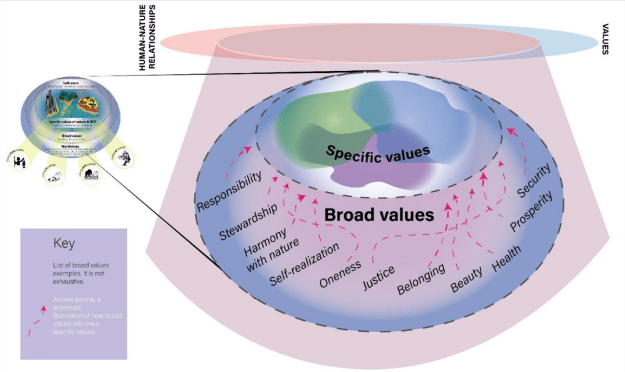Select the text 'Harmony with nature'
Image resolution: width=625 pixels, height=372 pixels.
tap(272, 247)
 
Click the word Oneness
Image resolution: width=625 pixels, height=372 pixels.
tap(341, 272)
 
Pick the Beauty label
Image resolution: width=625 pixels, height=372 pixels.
tap(467, 278)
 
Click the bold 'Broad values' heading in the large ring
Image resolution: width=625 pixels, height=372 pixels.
tap(379, 215)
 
